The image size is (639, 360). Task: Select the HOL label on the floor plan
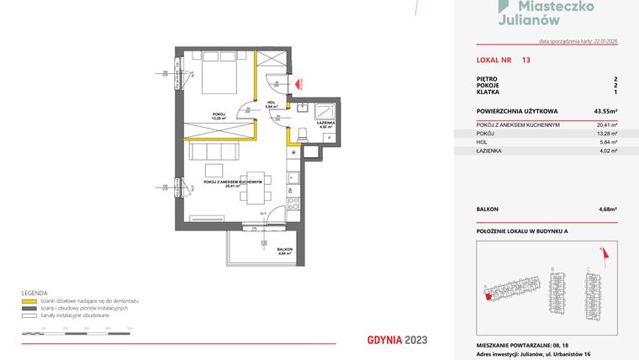[x=271, y=104]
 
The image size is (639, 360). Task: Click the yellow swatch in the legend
[x=29, y=301]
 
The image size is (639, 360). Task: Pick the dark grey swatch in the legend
[x=29, y=308]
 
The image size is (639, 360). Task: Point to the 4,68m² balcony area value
[x=607, y=209]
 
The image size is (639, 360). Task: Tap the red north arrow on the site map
[x=602, y=250]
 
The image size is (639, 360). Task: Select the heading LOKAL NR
[x=492, y=61]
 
